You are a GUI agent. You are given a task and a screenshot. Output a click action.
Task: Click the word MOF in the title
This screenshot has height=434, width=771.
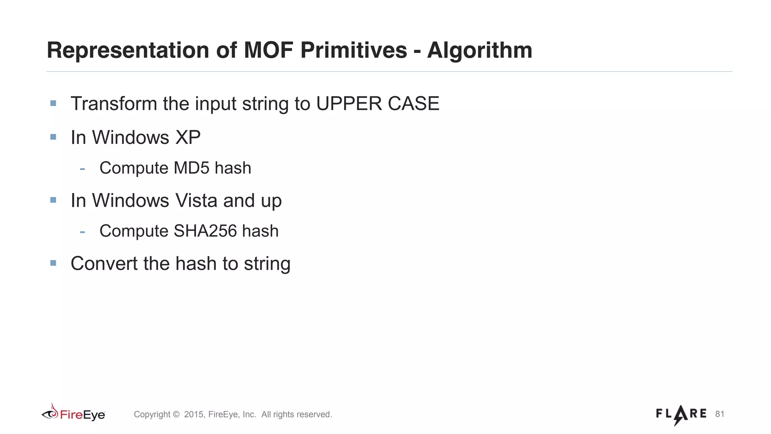(268, 50)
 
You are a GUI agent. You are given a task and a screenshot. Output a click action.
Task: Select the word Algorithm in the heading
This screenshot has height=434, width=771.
(480, 50)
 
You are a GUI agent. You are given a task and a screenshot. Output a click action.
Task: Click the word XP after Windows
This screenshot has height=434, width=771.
(188, 137)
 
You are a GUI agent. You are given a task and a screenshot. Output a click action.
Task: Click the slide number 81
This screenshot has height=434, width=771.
(719, 414)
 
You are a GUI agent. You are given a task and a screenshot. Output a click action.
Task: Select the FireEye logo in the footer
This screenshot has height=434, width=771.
(73, 414)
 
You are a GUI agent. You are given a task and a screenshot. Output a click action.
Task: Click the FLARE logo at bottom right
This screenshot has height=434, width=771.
(681, 414)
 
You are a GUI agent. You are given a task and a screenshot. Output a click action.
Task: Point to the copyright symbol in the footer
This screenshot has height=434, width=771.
(176, 414)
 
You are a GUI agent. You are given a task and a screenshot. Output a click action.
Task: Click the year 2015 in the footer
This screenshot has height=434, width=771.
(194, 414)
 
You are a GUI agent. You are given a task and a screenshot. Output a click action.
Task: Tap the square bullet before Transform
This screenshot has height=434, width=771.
(53, 103)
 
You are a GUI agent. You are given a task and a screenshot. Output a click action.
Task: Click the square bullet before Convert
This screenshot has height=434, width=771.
(53, 263)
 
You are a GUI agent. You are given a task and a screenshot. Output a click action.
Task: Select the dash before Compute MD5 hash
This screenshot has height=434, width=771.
(82, 168)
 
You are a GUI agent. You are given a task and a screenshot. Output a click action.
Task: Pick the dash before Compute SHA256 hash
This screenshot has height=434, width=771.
(82, 231)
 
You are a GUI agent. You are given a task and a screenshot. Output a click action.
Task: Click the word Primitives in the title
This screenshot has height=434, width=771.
(354, 50)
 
